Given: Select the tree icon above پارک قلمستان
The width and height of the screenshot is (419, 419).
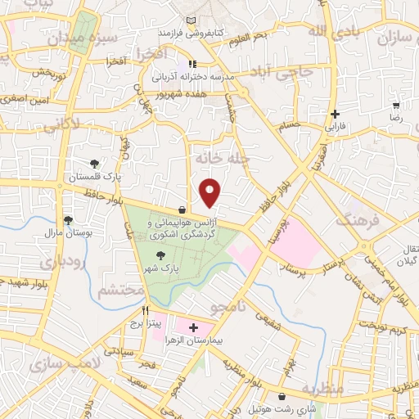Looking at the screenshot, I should tap(96, 164).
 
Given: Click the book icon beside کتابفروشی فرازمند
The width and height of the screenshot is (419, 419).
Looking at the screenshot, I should tap(191, 20).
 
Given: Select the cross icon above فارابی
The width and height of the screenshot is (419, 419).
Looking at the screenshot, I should tap(334, 115).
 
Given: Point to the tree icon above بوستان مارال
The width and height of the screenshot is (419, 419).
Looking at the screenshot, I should tap(67, 220).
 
